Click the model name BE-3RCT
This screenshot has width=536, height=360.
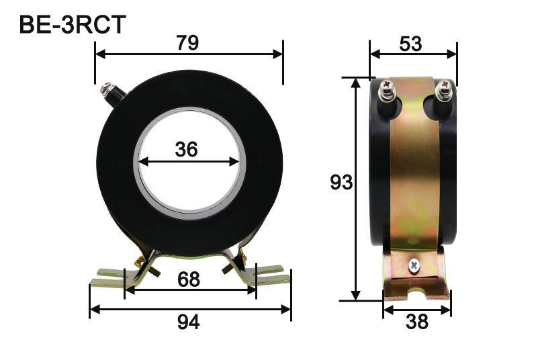[71, 24]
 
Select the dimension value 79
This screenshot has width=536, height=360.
[187, 43]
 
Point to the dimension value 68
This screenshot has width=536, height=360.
[189, 279]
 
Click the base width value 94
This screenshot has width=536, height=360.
[189, 323]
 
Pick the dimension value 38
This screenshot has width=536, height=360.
[416, 323]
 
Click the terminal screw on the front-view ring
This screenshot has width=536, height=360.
[107, 87]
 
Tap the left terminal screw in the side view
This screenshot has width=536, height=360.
[389, 88]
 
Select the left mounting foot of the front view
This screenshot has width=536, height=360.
[107, 275]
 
